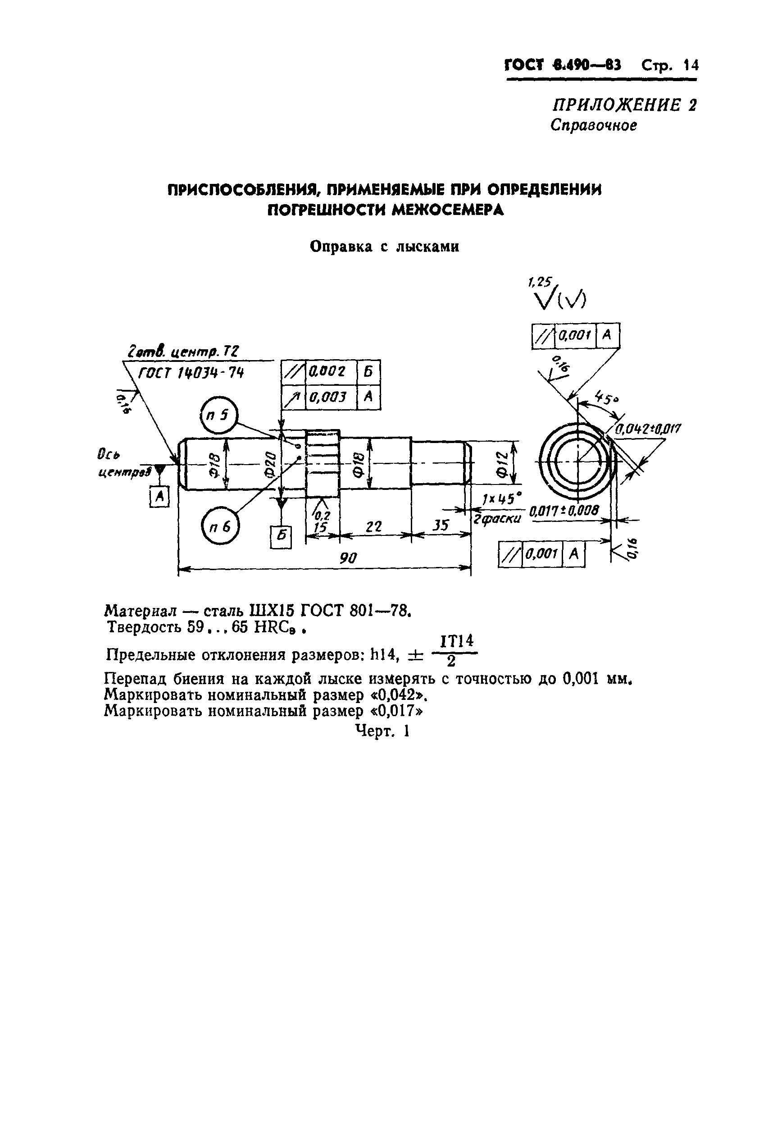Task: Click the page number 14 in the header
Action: pyautogui.click(x=691, y=65)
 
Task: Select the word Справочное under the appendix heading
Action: pyautogui.click(x=593, y=125)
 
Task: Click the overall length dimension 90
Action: pyautogui.click(x=348, y=558)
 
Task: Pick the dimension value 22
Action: pyautogui.click(x=373, y=526)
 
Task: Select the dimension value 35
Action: pyautogui.click(x=440, y=526)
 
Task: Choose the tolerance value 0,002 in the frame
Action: pyautogui.click(x=327, y=371)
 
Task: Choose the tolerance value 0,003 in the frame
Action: pyautogui.click(x=327, y=397)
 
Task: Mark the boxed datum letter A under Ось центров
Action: pyautogui.click(x=159, y=496)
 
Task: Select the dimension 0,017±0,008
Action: pyautogui.click(x=564, y=510)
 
